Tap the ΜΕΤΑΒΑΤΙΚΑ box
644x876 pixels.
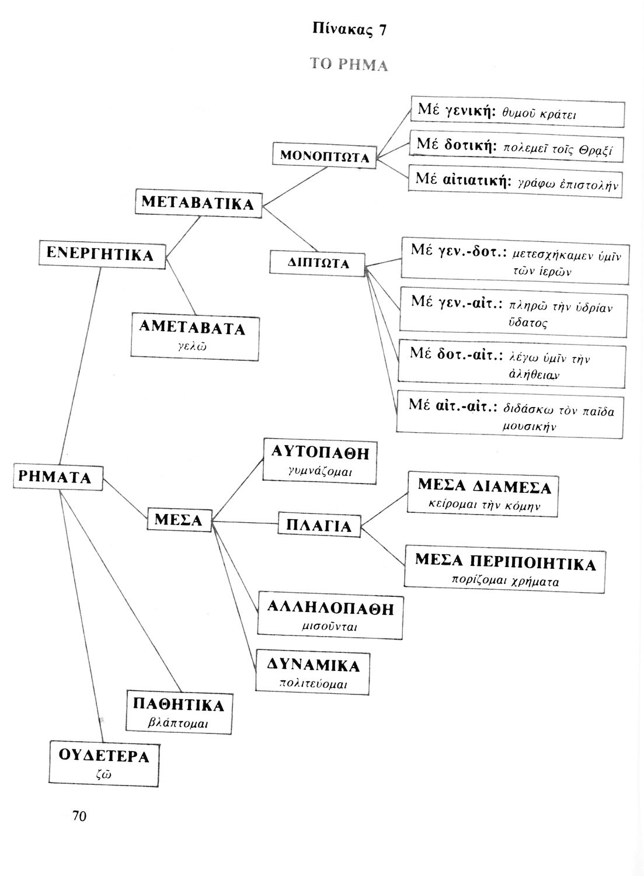[x=198, y=203]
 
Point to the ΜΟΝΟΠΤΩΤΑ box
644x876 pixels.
[x=325, y=156]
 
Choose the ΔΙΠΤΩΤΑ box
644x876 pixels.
[x=318, y=263]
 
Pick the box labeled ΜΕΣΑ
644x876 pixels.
[x=178, y=520]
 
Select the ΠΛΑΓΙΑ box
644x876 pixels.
[x=319, y=526]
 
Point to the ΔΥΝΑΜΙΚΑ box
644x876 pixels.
[x=313, y=673]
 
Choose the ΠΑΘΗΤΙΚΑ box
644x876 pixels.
[x=179, y=712]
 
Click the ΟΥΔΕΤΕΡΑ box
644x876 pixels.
[x=104, y=764]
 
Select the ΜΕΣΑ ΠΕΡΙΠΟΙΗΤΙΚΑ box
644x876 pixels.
[x=506, y=570]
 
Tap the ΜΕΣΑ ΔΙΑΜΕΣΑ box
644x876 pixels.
[x=483, y=493]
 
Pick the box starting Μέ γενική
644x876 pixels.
[x=517, y=113]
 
